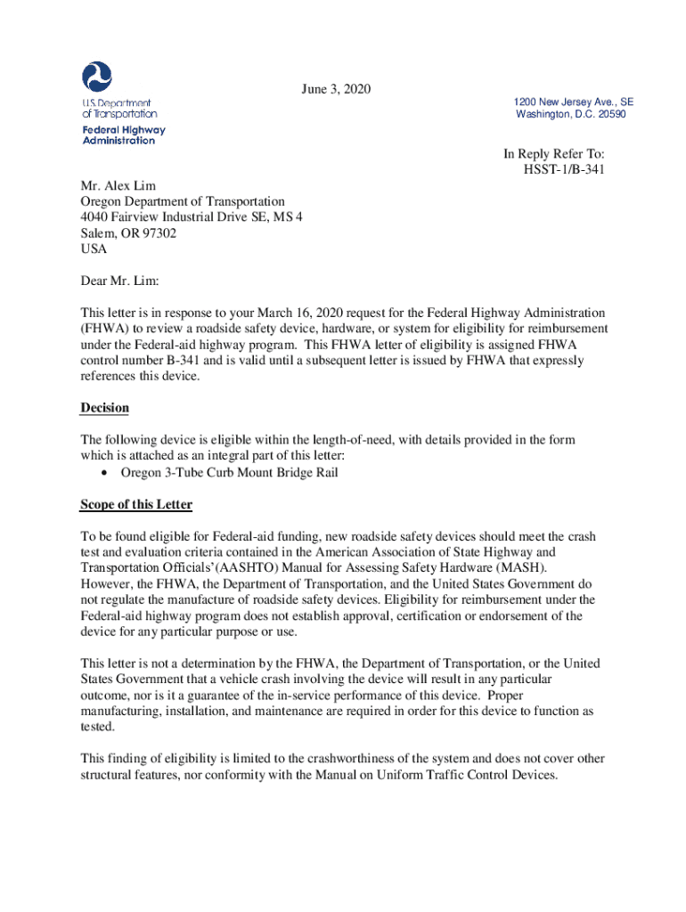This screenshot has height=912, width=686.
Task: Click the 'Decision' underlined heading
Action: tap(105, 408)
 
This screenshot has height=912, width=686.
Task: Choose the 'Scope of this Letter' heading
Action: tap(136, 505)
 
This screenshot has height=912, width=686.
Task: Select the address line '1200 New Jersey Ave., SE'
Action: tap(574, 102)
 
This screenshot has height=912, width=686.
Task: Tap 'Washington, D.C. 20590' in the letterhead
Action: tap(570, 115)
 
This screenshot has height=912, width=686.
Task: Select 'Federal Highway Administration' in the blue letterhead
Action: tap(124, 135)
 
